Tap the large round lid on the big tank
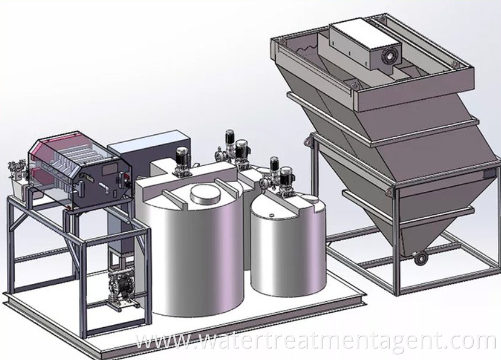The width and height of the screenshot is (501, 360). (x=206, y=195)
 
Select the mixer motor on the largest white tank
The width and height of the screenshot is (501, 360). (x=181, y=160)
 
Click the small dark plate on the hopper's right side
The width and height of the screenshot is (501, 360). (x=489, y=174)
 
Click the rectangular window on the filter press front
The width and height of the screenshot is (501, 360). (x=109, y=169)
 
